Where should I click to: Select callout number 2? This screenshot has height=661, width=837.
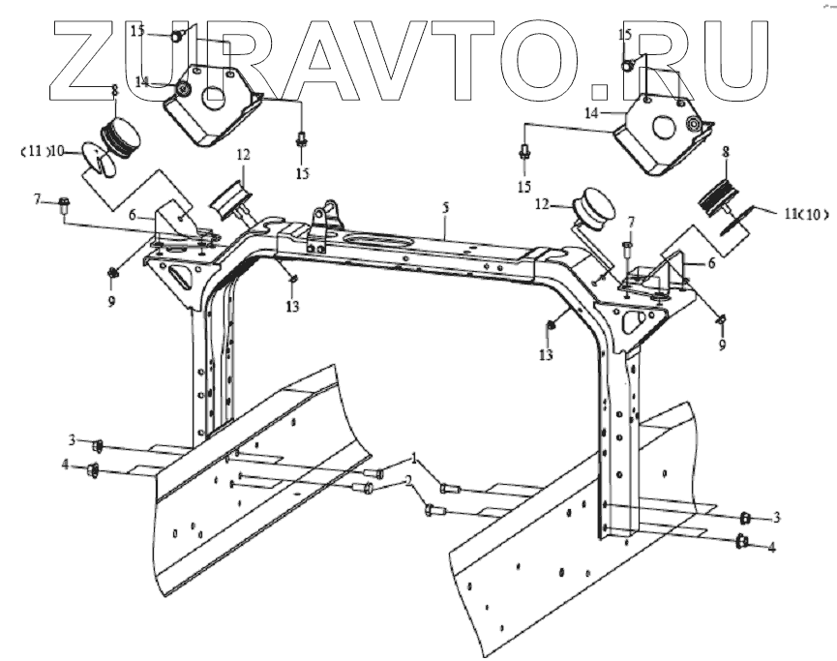click(x=408, y=480)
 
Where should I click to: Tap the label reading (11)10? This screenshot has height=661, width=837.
click(x=43, y=151)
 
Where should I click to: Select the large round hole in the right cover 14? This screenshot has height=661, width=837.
click(x=664, y=126)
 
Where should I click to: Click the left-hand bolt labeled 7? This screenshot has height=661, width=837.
click(x=64, y=203)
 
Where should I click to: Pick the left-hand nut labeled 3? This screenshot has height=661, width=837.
click(x=98, y=446)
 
